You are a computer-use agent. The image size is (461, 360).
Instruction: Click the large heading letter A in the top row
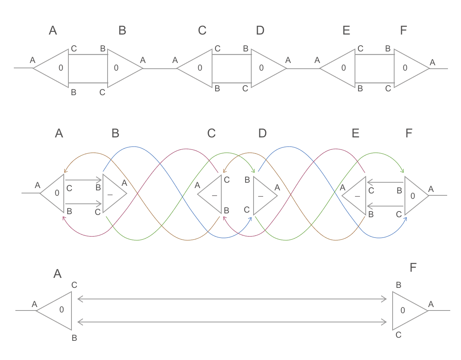[53, 31]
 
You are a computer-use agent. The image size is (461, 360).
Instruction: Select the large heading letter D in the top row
[260, 31]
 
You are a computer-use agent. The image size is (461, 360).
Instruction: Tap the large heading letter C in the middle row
[211, 133]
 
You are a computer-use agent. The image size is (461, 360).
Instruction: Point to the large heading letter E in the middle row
[355, 133]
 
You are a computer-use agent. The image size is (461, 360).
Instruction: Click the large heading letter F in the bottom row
[413, 268]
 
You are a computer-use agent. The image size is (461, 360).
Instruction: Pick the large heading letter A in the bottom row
[57, 274]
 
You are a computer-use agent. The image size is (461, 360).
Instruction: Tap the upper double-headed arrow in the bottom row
[232, 299]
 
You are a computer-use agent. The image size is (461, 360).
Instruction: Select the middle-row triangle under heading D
[263, 195]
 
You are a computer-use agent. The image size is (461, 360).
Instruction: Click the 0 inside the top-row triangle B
[116, 68]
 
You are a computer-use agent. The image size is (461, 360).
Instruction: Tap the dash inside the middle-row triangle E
[358, 196]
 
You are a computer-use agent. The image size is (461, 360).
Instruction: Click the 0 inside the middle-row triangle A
[57, 193]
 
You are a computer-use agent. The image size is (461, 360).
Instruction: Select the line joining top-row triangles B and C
[160, 69]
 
